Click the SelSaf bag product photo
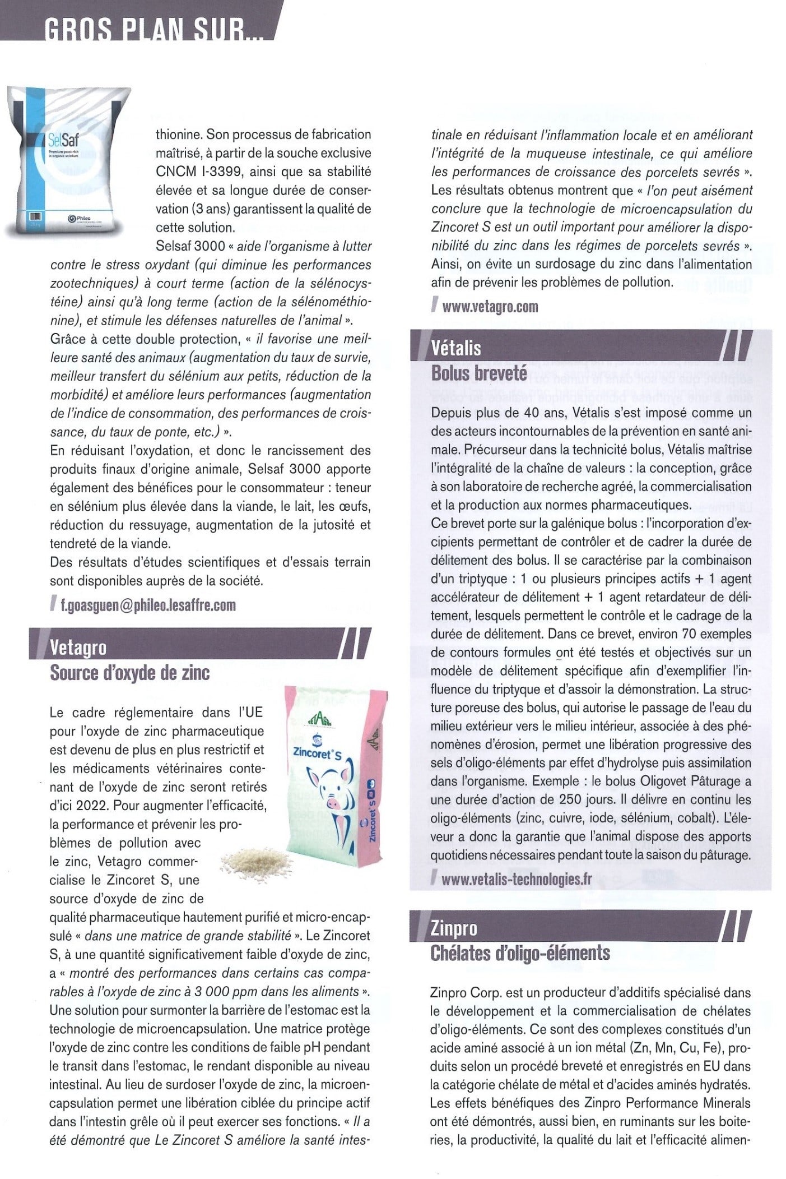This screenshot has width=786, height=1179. [x=69, y=163]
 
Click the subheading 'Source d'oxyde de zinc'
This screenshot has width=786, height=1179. [x=130, y=672]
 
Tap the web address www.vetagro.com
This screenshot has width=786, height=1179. [x=490, y=306]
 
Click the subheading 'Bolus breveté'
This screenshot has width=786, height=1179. [x=479, y=373]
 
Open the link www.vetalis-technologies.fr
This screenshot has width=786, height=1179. [x=516, y=879]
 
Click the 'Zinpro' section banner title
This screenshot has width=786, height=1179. [x=454, y=928]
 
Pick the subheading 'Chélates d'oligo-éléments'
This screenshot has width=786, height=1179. [x=520, y=953]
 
